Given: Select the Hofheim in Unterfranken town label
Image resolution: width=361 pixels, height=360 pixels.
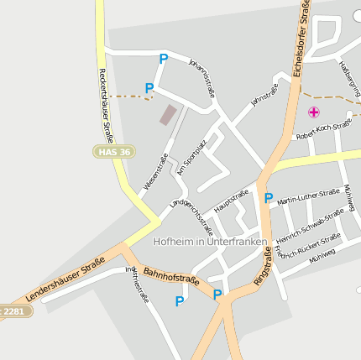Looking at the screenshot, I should pos(210,242).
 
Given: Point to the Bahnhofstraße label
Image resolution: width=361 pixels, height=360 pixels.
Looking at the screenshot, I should pos(170,276).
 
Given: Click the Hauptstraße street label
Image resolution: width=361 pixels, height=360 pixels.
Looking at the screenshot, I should pos(232,202).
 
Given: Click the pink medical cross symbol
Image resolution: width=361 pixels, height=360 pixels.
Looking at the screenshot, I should pos(314,112).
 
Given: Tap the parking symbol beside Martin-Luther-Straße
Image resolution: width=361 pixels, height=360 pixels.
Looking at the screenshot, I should pos(269,199).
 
